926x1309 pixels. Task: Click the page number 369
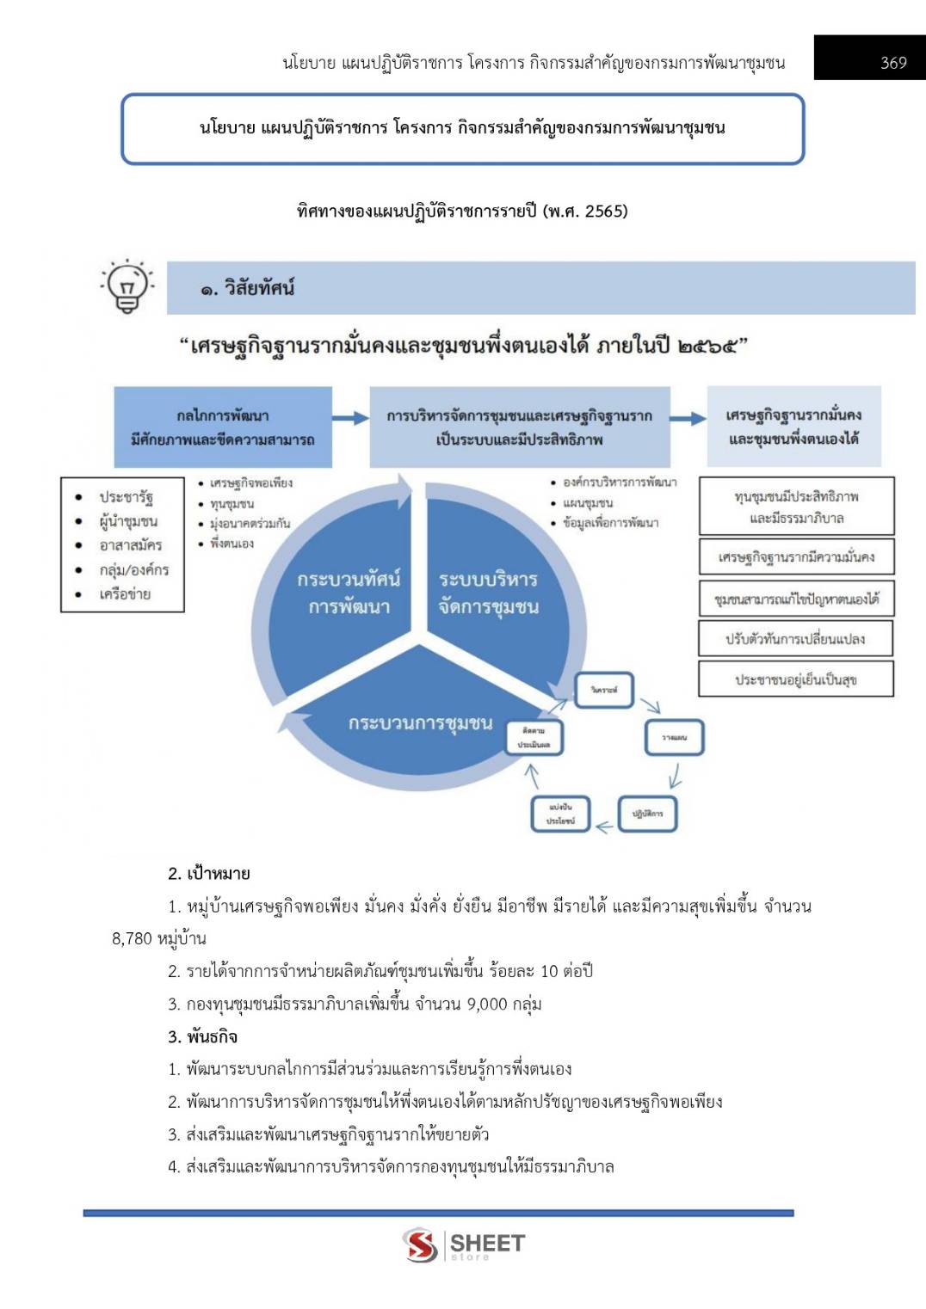click(893, 63)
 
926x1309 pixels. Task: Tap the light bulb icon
click(127, 286)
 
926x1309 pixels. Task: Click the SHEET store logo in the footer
click(463, 1244)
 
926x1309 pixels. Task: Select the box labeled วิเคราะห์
click(604, 690)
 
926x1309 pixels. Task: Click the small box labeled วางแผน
click(675, 737)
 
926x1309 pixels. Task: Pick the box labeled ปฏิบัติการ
click(648, 813)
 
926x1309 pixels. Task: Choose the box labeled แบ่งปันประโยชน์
click(560, 814)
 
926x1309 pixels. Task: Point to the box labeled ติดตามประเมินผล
click(534, 738)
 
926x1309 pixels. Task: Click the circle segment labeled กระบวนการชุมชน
click(420, 722)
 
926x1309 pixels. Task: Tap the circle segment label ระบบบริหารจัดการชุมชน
click(488, 593)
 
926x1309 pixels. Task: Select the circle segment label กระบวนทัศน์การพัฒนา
click(349, 593)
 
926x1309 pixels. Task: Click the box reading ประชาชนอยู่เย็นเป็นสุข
click(795, 679)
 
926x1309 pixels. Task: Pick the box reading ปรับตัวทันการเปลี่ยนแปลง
click(795, 639)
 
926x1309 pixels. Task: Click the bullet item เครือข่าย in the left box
click(125, 594)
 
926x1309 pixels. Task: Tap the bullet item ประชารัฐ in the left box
click(126, 497)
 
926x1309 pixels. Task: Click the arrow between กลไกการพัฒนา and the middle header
click(350, 418)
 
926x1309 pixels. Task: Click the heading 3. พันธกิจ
click(203, 1036)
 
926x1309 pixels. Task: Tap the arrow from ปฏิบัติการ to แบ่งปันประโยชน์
click(604, 827)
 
